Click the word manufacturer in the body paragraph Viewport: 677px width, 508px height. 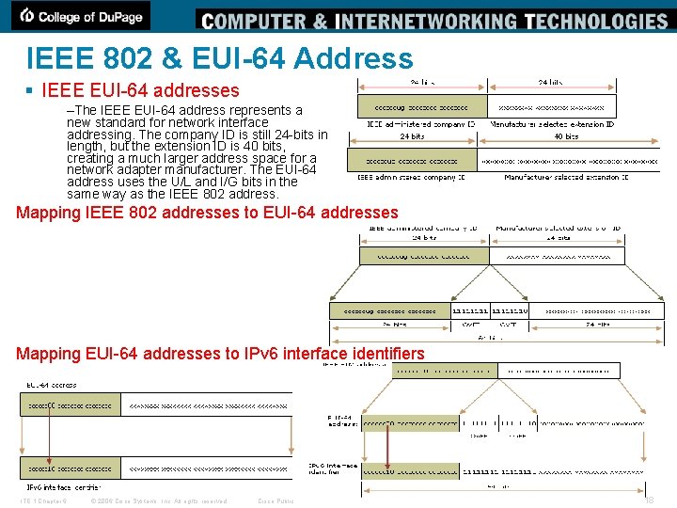tap(217, 170)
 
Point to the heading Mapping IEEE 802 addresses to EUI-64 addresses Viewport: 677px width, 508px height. tap(207, 213)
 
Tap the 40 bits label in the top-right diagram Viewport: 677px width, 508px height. tap(567, 136)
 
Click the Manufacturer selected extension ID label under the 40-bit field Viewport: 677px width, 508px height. tap(566, 177)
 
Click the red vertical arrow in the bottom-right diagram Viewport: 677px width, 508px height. tap(388, 446)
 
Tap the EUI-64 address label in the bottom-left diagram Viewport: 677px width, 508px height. tap(51, 385)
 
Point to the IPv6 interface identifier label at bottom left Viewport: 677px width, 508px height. tap(62, 486)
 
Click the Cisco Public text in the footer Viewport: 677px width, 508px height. tap(276, 500)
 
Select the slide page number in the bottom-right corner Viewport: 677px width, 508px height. tap(648, 500)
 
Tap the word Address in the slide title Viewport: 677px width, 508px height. tap(353, 58)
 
